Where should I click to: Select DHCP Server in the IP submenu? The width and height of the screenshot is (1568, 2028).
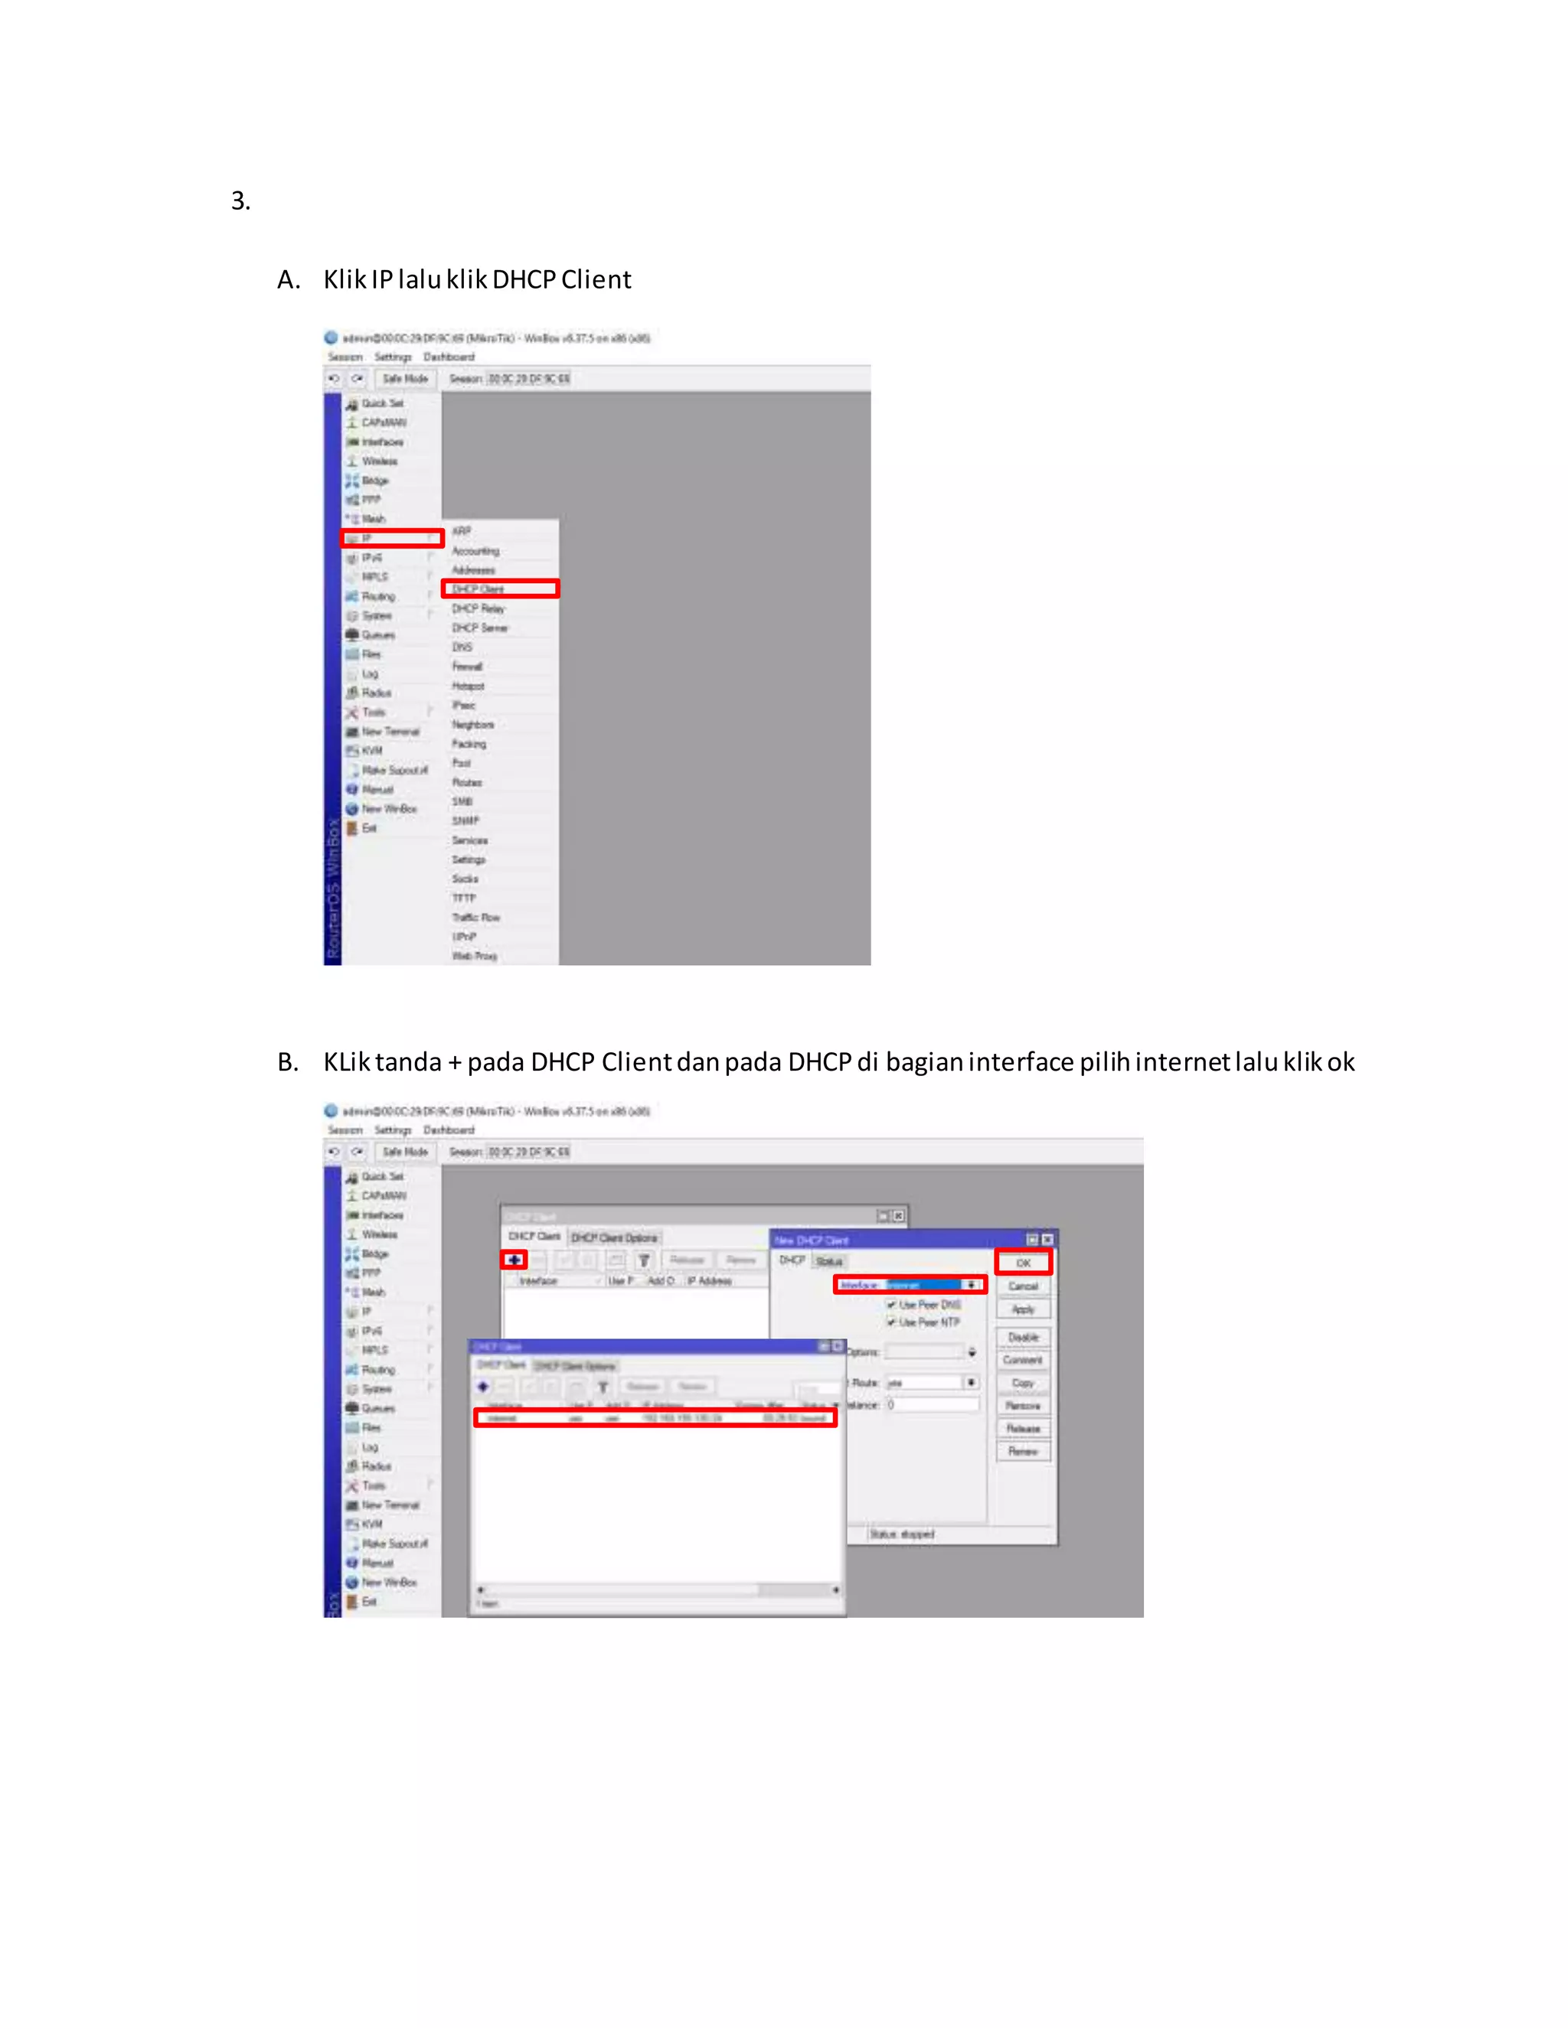click(479, 628)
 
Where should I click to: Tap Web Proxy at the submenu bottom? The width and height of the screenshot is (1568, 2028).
click(474, 956)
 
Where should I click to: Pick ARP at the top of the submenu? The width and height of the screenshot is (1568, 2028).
click(462, 531)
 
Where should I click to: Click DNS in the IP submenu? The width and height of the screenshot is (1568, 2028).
click(462, 647)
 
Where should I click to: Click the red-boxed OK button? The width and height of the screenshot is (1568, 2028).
click(1023, 1263)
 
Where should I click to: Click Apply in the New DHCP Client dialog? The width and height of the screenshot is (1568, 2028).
click(1023, 1309)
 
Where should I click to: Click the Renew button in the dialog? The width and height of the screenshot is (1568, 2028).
click(1023, 1451)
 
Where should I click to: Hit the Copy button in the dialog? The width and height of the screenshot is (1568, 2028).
click(1023, 1383)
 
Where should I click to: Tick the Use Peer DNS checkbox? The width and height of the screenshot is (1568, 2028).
click(891, 1305)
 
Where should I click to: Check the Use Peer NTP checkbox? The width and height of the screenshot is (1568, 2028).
click(891, 1322)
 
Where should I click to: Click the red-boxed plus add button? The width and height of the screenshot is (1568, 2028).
click(514, 1260)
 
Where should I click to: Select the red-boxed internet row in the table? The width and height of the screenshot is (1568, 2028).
click(655, 1418)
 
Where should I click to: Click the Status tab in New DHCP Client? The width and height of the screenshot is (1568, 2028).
click(828, 1261)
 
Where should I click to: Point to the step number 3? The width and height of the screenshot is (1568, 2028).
click(240, 201)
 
